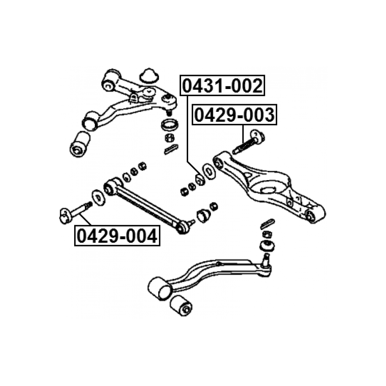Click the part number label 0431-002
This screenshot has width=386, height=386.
click(x=222, y=85)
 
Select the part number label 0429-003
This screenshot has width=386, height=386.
click(x=235, y=115)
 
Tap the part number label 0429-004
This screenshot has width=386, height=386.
click(x=117, y=235)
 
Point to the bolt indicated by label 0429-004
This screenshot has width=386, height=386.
click(x=76, y=213)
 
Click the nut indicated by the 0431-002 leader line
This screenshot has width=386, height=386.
click(x=200, y=179)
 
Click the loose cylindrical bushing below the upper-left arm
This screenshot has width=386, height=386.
click(x=80, y=144)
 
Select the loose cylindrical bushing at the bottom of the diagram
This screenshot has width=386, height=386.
click(x=181, y=305)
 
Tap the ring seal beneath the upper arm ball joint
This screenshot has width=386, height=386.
click(x=170, y=125)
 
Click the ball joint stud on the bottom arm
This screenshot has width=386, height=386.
click(x=266, y=260)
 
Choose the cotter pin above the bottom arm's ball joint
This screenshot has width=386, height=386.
click(x=267, y=224)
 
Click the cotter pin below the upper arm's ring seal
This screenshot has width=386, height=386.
click(x=171, y=149)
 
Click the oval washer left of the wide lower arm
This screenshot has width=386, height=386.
click(x=209, y=171)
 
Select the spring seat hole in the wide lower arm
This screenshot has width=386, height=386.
click(x=270, y=190)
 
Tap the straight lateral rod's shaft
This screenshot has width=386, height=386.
click(x=147, y=206)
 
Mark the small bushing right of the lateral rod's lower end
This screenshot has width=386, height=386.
click(x=203, y=215)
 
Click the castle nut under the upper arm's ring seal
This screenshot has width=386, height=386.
click(x=170, y=138)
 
